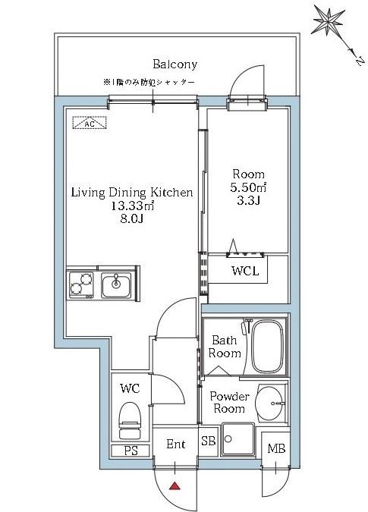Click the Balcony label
pos(175,64)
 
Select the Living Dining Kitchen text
pos(132,193)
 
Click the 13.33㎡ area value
pos(132,207)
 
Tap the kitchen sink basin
pos(116,284)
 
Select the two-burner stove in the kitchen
pos(80,284)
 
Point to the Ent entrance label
pos(175,444)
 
